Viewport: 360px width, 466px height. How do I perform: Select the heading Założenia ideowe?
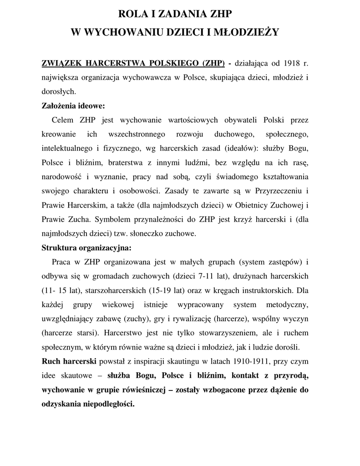pos(73,106)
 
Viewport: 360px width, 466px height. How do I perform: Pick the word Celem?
pos(64,120)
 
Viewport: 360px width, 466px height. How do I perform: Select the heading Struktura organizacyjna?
pos(86,248)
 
